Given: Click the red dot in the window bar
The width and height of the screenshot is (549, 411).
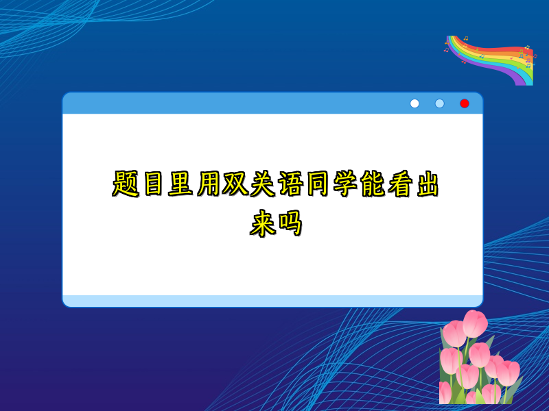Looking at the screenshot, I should (x=465, y=103).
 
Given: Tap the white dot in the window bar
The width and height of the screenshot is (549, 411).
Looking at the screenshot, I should (x=414, y=103).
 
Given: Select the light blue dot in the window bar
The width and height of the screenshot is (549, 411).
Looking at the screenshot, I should (x=439, y=103).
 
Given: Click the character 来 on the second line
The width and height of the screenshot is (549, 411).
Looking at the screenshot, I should (x=262, y=223).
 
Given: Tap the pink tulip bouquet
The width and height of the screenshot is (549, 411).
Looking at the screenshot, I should (x=477, y=360).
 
